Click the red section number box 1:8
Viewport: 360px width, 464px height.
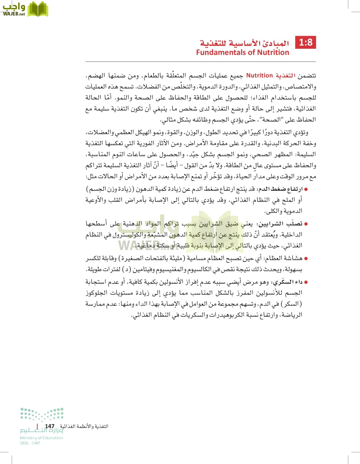[x=306, y=43]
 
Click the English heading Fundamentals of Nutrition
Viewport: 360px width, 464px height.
[x=242, y=53]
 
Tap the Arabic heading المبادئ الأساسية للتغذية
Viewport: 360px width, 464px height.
[x=244, y=43]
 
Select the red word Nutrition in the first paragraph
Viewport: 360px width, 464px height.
[x=259, y=76]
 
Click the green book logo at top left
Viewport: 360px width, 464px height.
[x=38, y=9]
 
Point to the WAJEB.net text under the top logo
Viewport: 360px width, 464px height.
[x=14, y=14]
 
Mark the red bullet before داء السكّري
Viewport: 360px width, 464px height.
[x=306, y=282]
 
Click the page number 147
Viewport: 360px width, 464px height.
[x=50, y=426]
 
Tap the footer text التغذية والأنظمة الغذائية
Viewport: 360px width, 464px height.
[x=84, y=426]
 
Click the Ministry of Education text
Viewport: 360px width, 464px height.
[x=42, y=438]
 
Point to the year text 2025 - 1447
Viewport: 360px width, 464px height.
[x=30, y=443]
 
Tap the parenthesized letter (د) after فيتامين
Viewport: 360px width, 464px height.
[x=127, y=270]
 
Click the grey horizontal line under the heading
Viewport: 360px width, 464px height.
[x=201, y=62]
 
